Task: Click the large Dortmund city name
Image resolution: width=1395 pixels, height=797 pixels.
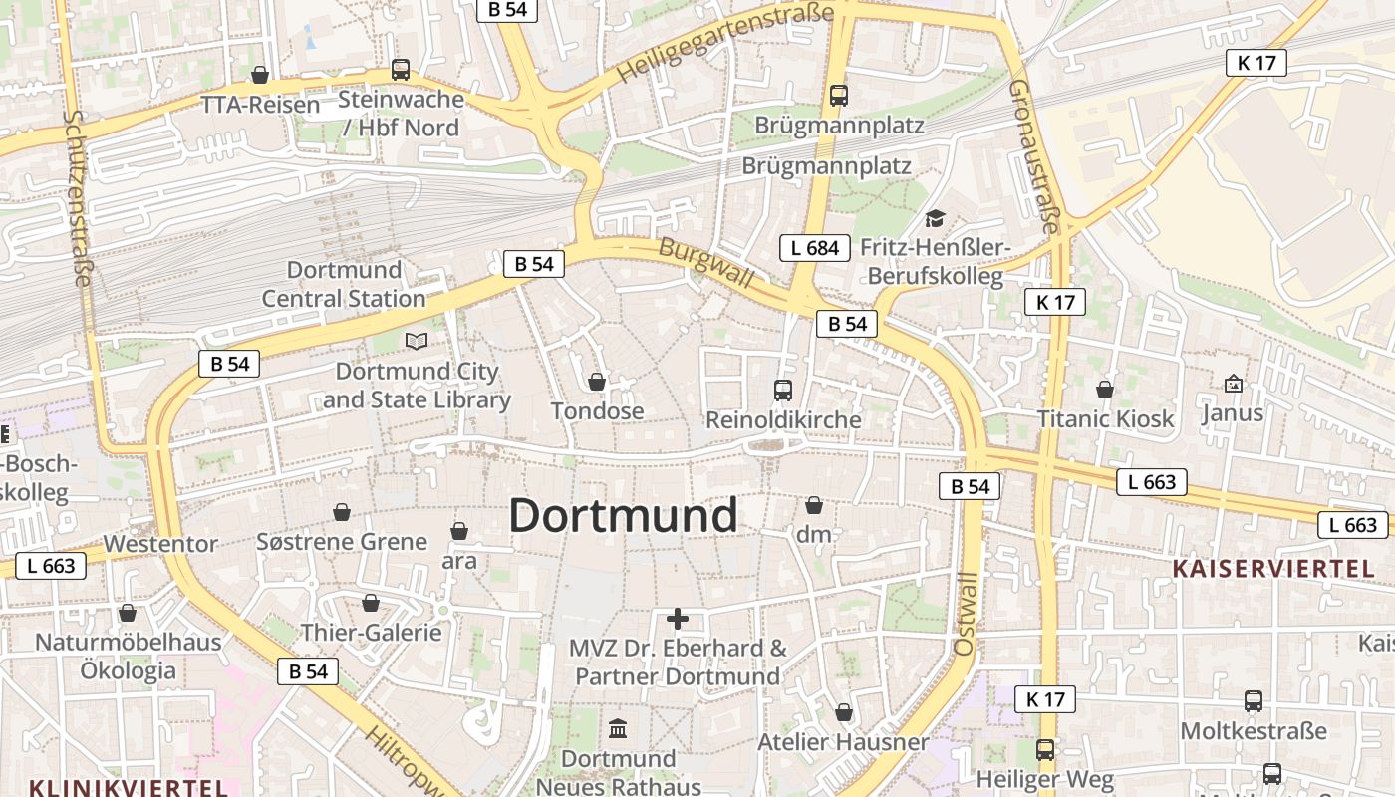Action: [x=623, y=516]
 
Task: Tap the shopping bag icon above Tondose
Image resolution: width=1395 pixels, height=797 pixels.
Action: [x=597, y=382]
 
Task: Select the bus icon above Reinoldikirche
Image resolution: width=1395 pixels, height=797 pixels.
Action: [x=783, y=390]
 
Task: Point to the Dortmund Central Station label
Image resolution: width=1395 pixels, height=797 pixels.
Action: [x=344, y=284]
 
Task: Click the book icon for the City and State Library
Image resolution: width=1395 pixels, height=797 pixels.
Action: [x=416, y=342]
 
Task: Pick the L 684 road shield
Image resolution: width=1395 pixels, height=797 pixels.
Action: [x=814, y=248]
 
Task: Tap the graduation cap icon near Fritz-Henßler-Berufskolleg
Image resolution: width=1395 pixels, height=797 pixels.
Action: [x=935, y=218]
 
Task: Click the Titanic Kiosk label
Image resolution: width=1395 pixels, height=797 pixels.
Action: [x=1106, y=418]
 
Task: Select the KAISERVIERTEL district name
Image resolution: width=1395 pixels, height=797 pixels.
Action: [x=1272, y=569]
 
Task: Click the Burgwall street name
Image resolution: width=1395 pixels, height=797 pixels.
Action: [x=706, y=263]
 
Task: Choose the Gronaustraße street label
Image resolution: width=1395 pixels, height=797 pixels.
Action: [x=1033, y=156]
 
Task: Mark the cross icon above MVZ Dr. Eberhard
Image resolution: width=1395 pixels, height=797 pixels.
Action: [x=678, y=619]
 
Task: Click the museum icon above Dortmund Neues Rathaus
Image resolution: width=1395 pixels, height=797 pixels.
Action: [x=618, y=729]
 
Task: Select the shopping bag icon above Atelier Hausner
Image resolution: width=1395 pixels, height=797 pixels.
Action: [x=844, y=712]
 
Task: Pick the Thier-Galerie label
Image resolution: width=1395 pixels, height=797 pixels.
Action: [x=371, y=632]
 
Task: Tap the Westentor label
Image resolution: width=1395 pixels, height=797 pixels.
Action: [x=160, y=544]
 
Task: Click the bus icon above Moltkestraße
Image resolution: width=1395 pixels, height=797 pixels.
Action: [x=1254, y=701]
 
